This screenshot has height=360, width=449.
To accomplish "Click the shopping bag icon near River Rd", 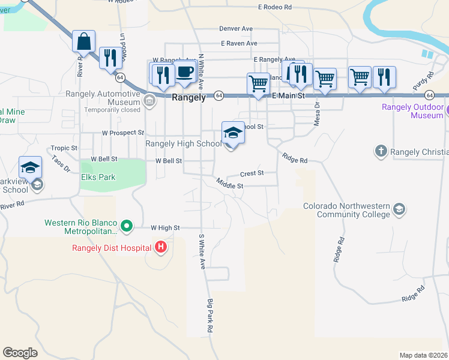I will click(x=84, y=42).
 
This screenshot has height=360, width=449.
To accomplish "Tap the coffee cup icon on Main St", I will click(x=185, y=73).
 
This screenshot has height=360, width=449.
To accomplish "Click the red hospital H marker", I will click(x=160, y=247).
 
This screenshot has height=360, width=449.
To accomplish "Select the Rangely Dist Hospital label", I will click(x=112, y=247).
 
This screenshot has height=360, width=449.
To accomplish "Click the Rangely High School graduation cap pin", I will click(x=233, y=134).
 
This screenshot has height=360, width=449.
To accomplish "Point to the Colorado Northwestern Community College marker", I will click(x=399, y=209).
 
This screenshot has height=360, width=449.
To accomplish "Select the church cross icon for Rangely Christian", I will click(x=381, y=151).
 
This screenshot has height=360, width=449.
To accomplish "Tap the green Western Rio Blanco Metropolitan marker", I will click(x=126, y=226).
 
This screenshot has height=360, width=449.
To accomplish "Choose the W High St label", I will click(x=165, y=227).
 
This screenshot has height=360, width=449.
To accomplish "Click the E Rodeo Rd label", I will click(x=274, y=7).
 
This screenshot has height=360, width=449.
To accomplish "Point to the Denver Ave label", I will click(x=236, y=28).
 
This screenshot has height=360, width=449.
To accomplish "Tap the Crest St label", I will click(x=252, y=173).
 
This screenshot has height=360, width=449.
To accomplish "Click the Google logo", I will click(x=20, y=353).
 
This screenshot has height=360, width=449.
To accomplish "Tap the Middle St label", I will click(x=230, y=185).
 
